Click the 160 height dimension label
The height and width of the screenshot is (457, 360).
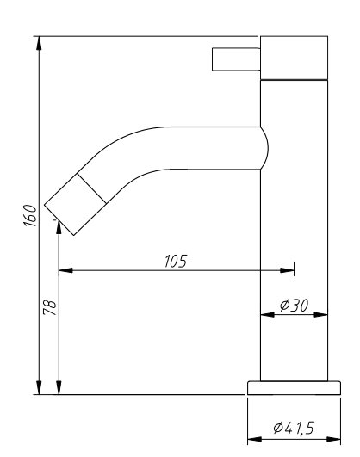(30, 216)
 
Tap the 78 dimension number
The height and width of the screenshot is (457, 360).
(50, 307)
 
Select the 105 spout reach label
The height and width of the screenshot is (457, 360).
(176, 261)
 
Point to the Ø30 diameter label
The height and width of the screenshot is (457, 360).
(294, 306)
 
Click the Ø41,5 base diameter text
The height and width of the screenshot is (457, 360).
(294, 428)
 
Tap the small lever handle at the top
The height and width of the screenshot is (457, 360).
(236, 59)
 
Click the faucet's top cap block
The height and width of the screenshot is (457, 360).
(294, 58)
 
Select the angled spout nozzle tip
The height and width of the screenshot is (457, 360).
(75, 205)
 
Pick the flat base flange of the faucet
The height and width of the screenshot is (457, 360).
(294, 388)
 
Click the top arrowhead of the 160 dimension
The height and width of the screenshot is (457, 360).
(39, 43)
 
